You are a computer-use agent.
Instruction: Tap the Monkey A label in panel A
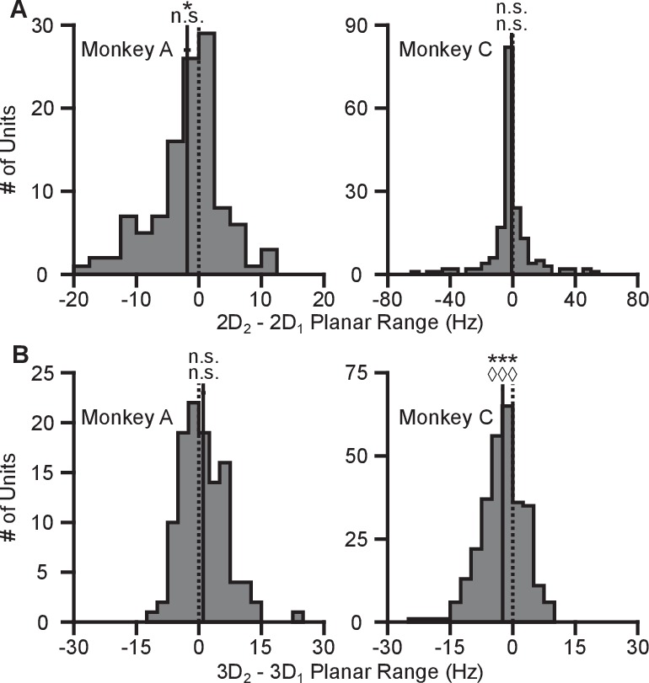(x=126, y=51)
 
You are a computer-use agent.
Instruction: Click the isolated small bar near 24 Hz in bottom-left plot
(x=298, y=618)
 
